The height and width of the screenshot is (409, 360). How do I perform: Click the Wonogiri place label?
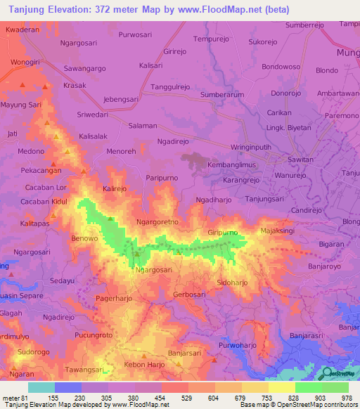25,62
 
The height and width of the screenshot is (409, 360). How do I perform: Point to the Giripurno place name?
222,233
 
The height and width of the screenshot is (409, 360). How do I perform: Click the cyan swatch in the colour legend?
41,387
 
